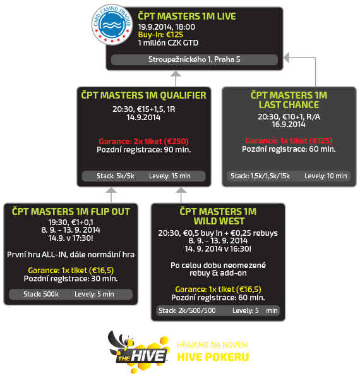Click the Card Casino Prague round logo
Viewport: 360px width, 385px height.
[112, 24]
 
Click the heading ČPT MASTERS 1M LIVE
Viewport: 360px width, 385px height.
[186, 16]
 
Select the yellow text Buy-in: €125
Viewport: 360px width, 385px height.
[160, 35]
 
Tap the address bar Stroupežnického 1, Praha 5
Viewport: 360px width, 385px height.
[195, 59]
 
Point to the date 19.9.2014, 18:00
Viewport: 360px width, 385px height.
[166, 27]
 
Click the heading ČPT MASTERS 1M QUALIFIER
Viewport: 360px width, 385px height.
[144, 95]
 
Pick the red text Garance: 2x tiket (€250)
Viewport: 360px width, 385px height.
[144, 141]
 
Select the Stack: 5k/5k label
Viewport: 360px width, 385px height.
[116, 176]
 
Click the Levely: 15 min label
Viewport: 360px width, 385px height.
[170, 176]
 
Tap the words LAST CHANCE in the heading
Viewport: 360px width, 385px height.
[289, 105]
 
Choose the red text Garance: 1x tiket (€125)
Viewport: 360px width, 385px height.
[289, 141]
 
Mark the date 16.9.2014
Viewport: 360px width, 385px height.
[289, 125]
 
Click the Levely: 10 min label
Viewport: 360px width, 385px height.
[326, 176]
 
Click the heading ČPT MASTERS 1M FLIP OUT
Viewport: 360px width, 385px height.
[71, 212]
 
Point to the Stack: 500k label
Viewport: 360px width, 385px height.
[41, 294]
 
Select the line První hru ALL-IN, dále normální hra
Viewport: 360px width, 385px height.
[71, 255]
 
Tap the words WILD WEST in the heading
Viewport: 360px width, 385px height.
[219, 221]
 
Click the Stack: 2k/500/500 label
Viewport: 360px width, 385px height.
[187, 310]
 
